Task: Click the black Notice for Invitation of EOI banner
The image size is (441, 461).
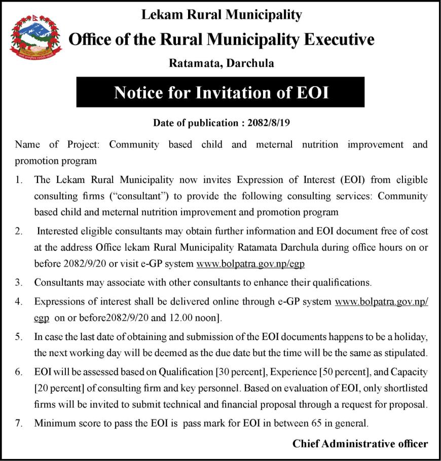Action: (220, 92)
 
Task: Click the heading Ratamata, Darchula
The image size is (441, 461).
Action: (221, 63)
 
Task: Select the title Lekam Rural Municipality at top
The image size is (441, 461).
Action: (221, 15)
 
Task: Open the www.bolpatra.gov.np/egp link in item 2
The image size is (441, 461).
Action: (250, 264)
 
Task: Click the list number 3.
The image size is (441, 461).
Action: (19, 282)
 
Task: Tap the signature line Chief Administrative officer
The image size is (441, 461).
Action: (360, 443)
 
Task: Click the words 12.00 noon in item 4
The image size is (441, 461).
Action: (193, 319)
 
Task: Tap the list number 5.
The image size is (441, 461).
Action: (19, 337)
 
